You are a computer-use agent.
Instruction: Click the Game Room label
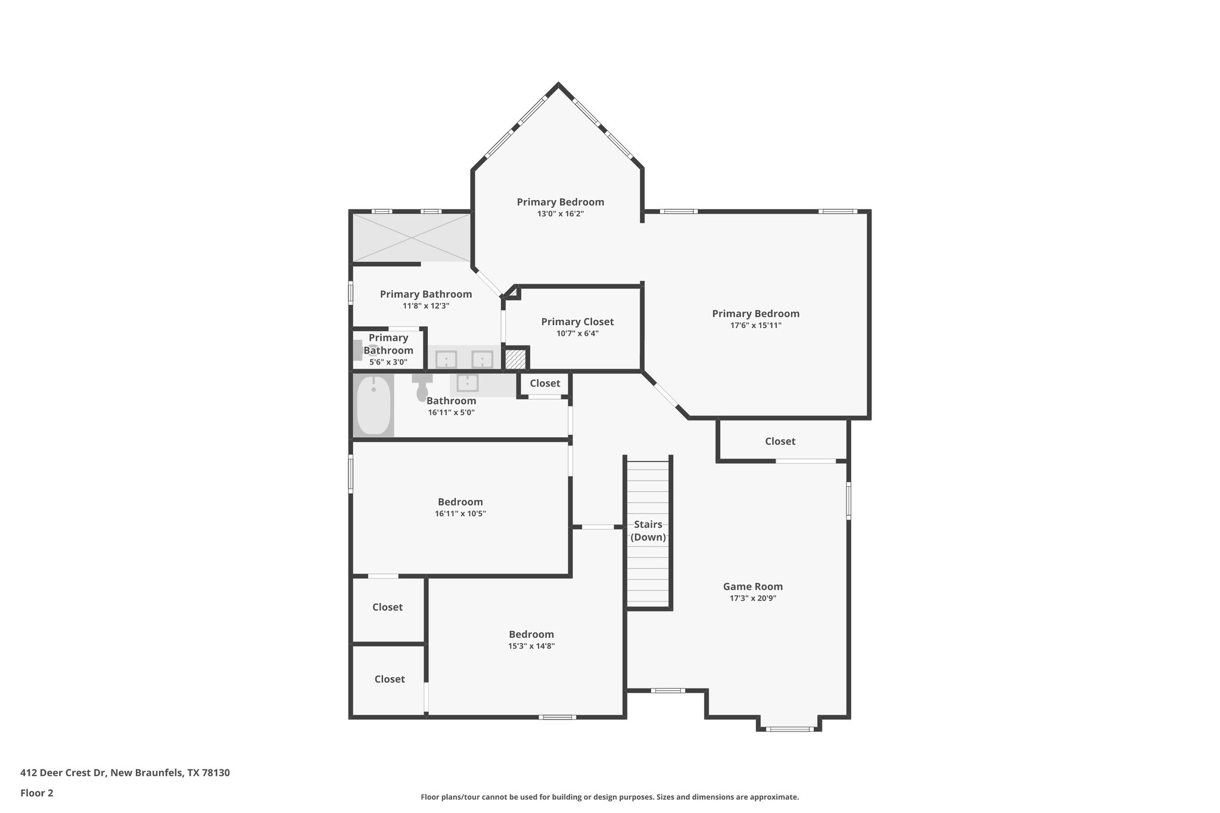(752, 587)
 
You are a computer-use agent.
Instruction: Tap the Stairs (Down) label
(648, 531)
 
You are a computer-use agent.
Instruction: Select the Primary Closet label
(577, 322)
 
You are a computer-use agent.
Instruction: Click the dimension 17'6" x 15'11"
(755, 326)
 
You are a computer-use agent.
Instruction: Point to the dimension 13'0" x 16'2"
(560, 214)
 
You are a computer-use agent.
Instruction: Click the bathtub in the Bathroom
(374, 405)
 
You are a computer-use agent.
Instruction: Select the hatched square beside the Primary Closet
(515, 359)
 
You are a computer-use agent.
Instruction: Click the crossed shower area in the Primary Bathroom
(411, 238)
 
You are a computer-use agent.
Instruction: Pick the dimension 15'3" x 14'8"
(531, 646)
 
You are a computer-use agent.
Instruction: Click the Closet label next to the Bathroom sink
(544, 384)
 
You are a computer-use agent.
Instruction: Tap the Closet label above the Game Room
(780, 441)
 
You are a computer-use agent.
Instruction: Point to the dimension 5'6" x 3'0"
(388, 362)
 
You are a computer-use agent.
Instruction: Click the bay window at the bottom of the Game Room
(789, 728)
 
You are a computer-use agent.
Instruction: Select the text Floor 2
(37, 793)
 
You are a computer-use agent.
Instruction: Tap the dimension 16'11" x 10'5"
(460, 513)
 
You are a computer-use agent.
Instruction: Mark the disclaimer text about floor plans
(609, 797)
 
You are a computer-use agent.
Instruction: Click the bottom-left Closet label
(390, 679)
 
